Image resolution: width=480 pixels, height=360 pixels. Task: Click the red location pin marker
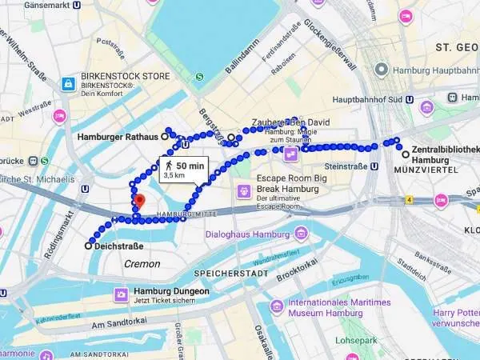(139, 201)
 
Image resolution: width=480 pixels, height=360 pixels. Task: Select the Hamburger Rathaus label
(118, 137)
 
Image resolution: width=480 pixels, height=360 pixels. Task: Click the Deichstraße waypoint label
(118, 246)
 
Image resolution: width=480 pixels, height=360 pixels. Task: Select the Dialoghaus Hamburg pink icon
(301, 234)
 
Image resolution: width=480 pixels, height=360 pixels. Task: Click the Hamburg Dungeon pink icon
(120, 295)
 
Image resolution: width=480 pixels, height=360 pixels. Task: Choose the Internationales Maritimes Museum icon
(276, 307)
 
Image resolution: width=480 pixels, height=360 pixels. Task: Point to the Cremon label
(142, 264)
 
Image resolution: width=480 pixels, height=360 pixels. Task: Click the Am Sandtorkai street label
(127, 325)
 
